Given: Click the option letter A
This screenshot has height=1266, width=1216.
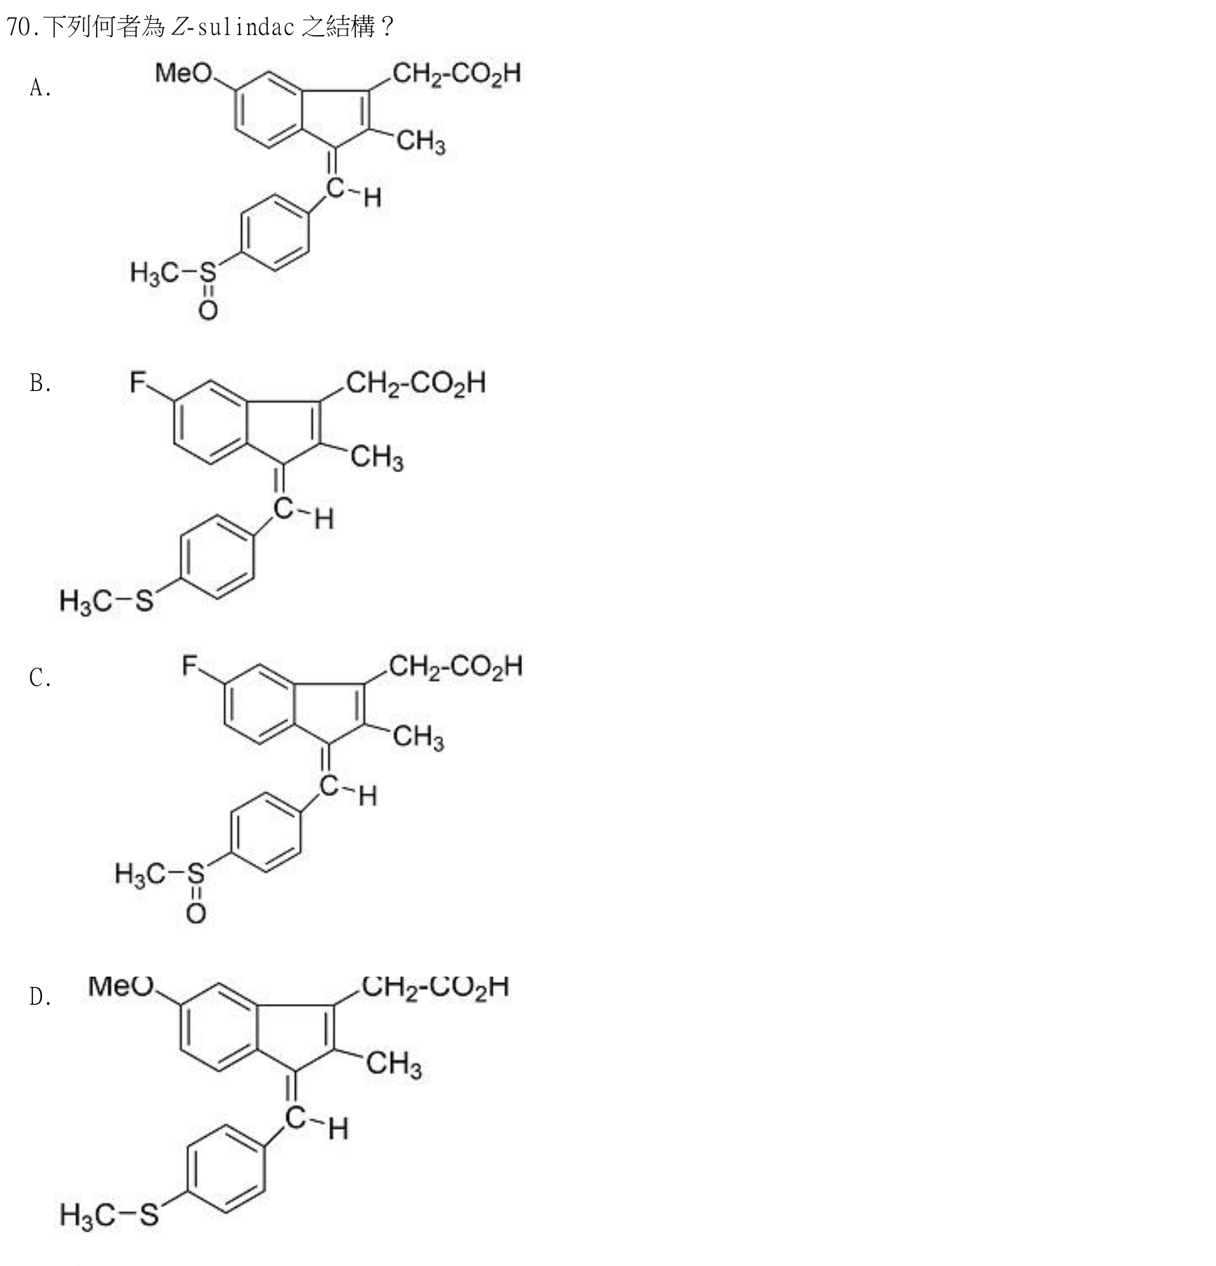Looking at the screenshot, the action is click(40, 88).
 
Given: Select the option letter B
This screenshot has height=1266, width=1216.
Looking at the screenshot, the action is click(40, 383).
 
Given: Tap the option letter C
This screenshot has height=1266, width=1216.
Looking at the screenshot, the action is click(40, 677).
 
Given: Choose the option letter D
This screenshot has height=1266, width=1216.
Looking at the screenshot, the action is click(40, 996).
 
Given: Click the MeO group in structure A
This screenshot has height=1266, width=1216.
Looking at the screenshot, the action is click(184, 73).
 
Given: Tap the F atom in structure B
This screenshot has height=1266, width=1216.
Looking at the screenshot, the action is click(139, 383).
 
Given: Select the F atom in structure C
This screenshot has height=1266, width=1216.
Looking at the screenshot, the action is click(191, 665).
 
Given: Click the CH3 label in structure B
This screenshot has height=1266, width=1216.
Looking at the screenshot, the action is click(377, 457).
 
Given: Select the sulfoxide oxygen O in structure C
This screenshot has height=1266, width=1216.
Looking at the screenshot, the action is click(196, 913).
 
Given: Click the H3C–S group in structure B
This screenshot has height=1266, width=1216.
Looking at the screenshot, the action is click(107, 601).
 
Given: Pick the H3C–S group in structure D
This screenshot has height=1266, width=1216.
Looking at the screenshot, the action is click(109, 1214).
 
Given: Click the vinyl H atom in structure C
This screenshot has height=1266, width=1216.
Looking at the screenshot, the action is click(368, 796).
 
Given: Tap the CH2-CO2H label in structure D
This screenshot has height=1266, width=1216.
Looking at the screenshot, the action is click(435, 987).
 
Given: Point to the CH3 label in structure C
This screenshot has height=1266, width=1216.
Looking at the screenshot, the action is click(418, 737).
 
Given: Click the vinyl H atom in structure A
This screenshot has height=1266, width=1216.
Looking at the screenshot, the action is click(373, 198).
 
